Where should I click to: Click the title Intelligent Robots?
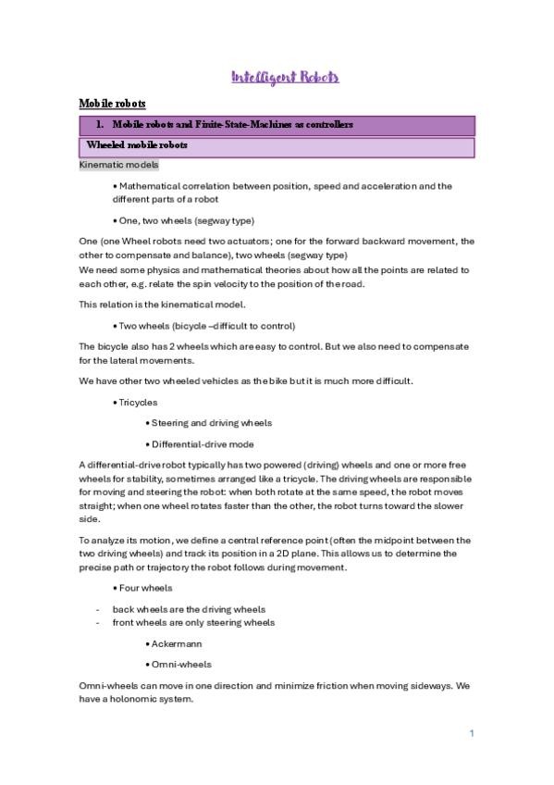point(284,77)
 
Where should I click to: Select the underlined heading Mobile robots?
point(112,104)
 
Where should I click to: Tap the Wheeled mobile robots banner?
point(137,145)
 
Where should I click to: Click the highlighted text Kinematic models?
point(119,165)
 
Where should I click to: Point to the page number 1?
point(472,733)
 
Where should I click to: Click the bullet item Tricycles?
point(136,403)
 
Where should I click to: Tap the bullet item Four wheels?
point(145,588)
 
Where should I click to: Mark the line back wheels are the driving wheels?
point(189,609)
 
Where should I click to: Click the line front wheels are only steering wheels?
point(193,622)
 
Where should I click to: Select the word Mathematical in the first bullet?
point(150,186)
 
